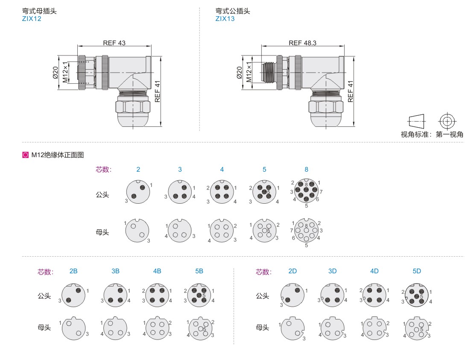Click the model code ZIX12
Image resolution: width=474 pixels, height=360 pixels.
click(32, 19)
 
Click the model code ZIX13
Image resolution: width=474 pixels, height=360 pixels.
click(225, 19)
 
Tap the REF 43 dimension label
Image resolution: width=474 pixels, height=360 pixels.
click(114, 43)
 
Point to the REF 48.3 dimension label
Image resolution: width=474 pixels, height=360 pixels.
click(302, 43)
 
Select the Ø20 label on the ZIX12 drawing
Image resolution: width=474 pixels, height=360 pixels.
click(56, 73)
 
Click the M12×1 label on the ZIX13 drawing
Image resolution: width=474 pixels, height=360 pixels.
click(249, 72)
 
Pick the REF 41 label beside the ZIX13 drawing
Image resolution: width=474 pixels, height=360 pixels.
click(350, 91)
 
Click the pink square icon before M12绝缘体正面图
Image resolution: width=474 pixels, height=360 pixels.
click(25, 155)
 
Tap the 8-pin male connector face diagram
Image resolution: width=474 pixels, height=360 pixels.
click(306, 190)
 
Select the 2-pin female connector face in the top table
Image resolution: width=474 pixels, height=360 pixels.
click(137, 231)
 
